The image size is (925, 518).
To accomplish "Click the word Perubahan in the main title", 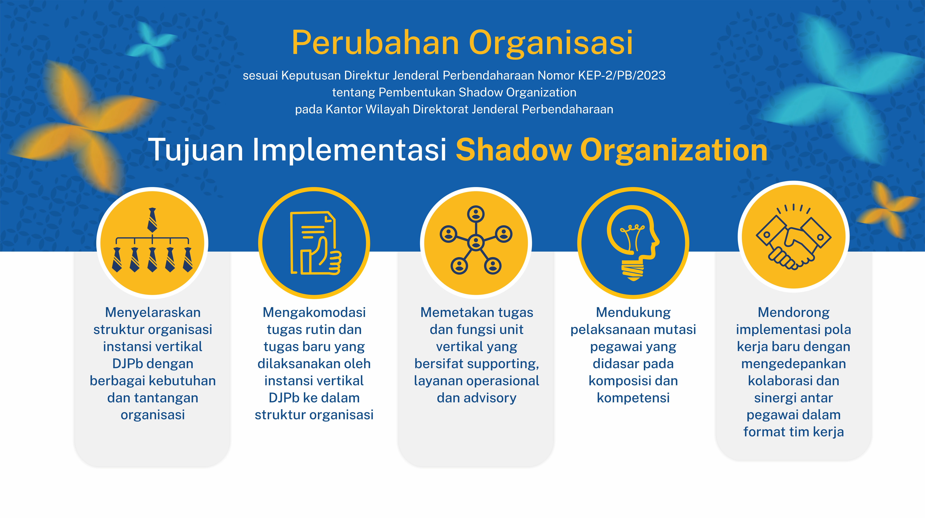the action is (375, 43).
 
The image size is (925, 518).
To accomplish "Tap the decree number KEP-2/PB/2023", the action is (622, 75).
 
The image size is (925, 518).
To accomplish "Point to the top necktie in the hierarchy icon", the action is (152, 220).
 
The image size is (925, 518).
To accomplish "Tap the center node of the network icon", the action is (476, 243).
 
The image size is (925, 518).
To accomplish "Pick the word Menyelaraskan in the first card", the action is (153, 312).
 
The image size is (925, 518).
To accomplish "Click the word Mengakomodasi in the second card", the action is (314, 312).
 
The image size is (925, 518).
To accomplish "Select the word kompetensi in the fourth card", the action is (633, 398).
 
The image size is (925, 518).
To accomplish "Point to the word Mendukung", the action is (633, 312).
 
